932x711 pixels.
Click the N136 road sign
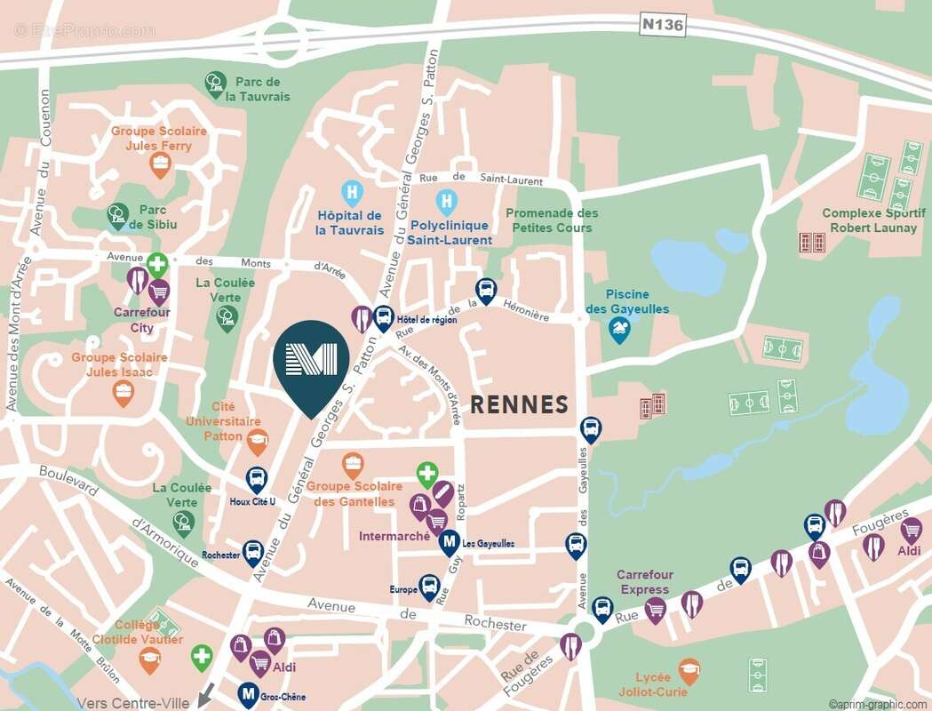663,25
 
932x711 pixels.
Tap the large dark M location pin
310,363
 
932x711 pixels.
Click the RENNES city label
519,405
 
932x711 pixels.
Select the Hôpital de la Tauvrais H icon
352,192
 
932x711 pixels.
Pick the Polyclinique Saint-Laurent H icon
446,202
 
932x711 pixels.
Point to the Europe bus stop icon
430,587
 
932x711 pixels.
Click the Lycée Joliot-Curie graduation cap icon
689,669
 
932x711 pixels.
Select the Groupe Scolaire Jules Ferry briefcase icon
160,164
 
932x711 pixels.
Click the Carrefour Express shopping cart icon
656,610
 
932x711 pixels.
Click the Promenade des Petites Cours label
552,220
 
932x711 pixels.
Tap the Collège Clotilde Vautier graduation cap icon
150,659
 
